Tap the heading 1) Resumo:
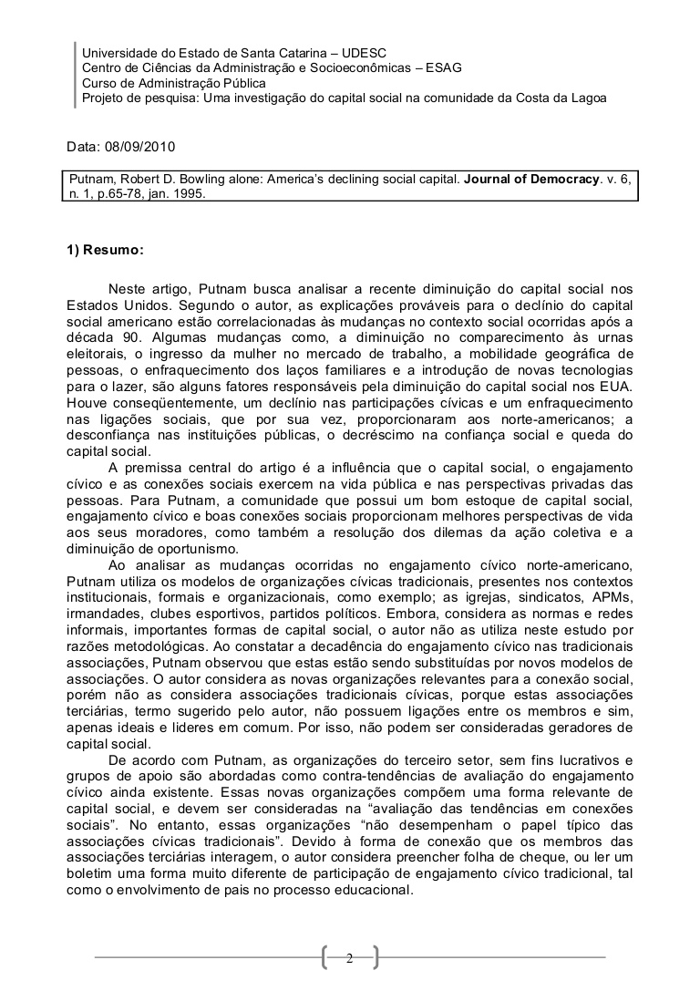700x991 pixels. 105,249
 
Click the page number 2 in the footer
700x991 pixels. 349,957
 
